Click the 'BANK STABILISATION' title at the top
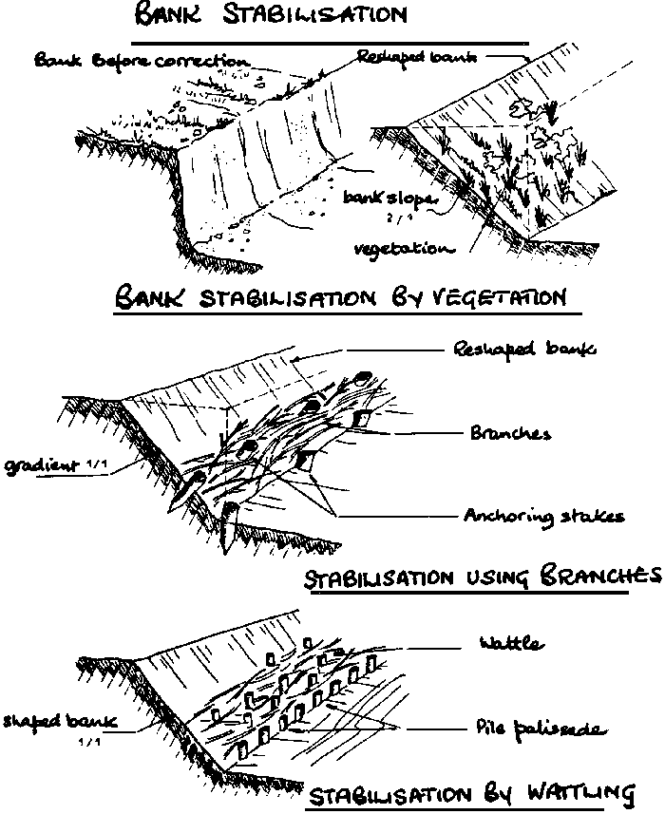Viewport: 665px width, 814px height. [x=270, y=16]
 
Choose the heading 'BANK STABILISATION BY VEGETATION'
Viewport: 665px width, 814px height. [x=340, y=297]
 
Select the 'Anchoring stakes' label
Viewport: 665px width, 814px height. [x=543, y=516]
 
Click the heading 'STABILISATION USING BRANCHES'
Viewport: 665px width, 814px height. [x=481, y=577]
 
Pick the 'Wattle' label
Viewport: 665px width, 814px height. [x=510, y=644]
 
